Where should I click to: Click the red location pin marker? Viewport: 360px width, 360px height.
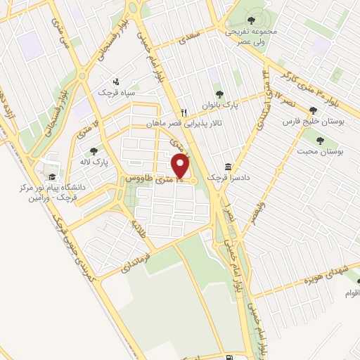point(181,167)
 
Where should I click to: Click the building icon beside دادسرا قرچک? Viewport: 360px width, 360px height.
point(228,167)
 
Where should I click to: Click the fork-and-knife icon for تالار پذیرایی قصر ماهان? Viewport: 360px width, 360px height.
point(184,112)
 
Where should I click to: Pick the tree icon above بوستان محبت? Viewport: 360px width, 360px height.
point(320,140)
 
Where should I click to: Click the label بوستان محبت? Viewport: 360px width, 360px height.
point(313,151)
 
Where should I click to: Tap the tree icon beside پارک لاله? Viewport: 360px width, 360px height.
point(92,150)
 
